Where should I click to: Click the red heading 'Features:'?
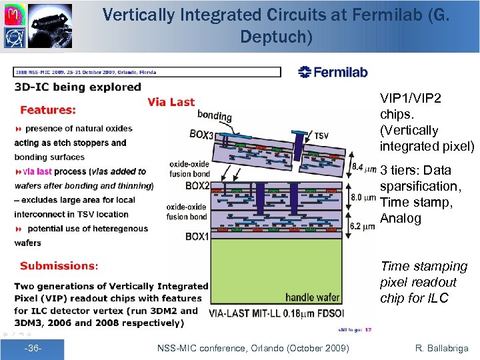coord(48,109)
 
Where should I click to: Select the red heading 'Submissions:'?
coord(59,265)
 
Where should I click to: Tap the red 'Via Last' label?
coord(171,102)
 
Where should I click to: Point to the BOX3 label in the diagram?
coord(202,134)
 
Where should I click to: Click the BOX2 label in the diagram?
coord(197,185)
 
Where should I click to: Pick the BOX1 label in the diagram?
coord(197,237)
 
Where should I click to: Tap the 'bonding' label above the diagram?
coord(214,116)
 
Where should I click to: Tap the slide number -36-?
coord(33,348)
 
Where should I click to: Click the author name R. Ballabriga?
coord(441,348)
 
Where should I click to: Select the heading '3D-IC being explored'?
coord(78,87)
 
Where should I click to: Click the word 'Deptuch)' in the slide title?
coord(276,37)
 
